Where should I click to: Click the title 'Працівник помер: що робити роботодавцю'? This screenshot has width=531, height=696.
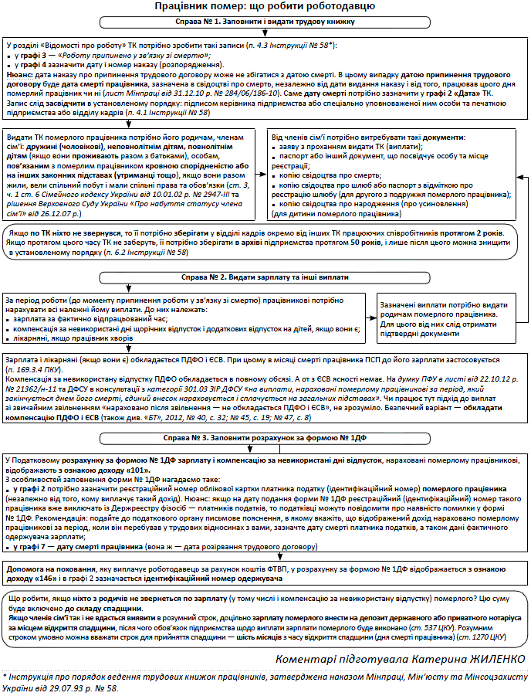(265, 7)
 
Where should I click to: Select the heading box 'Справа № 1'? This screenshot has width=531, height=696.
(265, 23)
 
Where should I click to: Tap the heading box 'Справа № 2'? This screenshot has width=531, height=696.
(265, 277)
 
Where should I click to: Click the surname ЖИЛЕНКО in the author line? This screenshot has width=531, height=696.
(496, 657)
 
